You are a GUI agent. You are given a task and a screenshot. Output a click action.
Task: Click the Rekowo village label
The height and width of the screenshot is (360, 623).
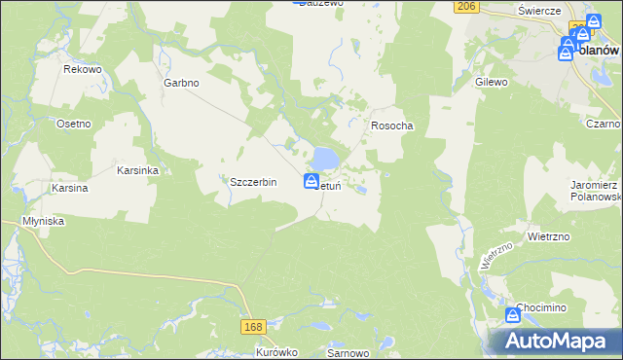tap(83, 69)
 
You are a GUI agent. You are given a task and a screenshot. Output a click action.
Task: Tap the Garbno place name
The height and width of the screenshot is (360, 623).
tap(181, 83)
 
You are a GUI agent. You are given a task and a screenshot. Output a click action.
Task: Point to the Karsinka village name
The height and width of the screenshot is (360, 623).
tap(137, 169)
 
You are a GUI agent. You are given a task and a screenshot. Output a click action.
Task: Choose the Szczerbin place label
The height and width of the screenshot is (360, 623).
tap(253, 182)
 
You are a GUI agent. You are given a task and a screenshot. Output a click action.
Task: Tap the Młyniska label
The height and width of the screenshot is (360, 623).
tap(44, 221)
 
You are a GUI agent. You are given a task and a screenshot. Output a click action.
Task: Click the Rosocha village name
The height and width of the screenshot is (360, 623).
tap(392, 126)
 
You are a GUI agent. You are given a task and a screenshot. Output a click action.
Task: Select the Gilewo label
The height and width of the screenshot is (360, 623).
tap(492, 83)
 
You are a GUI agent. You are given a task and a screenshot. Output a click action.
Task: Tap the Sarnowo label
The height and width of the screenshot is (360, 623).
tap(346, 353)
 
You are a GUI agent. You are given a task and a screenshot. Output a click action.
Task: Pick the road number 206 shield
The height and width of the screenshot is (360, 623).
tap(465, 6)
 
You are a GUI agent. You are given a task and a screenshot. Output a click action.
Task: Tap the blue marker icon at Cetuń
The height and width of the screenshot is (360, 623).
tap(311, 181)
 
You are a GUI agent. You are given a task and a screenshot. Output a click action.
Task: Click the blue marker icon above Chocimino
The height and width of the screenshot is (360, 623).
tap(513, 314)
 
